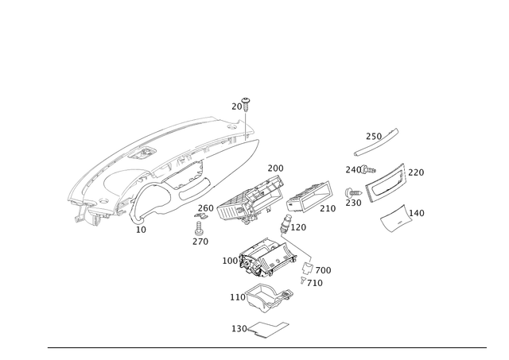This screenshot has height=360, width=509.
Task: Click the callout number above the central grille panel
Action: pos(274,167)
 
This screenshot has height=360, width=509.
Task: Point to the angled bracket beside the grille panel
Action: pos(310,195)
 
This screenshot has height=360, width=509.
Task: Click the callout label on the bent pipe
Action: pos(301,227)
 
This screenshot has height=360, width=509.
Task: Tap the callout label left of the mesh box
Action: pos(228,260)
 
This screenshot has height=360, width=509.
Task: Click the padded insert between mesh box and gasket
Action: pos(267,296)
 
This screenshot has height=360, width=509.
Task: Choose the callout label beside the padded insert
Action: pos(235,296)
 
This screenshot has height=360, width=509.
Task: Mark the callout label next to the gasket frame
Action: pos(236,326)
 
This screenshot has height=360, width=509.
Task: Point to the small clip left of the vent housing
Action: pos(352,191)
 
